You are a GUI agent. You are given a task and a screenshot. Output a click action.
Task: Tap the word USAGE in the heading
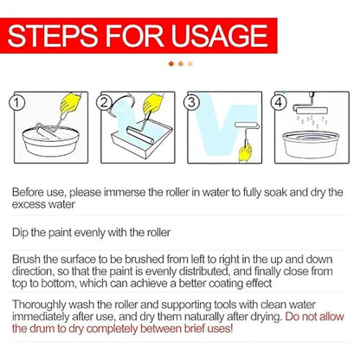219,35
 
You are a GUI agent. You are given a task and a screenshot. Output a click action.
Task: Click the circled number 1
17,103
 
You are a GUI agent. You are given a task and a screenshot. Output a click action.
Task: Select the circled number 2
104,103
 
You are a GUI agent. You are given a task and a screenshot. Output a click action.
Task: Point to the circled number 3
191,102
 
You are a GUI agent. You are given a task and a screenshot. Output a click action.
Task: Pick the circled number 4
279,102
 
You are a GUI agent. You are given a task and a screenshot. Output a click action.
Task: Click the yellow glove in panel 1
70,103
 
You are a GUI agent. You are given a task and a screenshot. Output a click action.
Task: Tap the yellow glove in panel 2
153,103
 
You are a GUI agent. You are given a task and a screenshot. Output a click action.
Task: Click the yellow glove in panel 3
245,152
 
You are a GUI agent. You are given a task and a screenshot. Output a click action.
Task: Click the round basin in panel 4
311,145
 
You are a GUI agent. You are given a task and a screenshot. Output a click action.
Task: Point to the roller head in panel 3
247,125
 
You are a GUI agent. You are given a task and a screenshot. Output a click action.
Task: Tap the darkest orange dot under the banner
171,63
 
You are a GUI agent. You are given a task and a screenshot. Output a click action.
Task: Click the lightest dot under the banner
190,63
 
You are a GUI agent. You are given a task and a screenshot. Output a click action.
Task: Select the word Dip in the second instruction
20,232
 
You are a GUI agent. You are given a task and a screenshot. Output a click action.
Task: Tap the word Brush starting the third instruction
26,259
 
